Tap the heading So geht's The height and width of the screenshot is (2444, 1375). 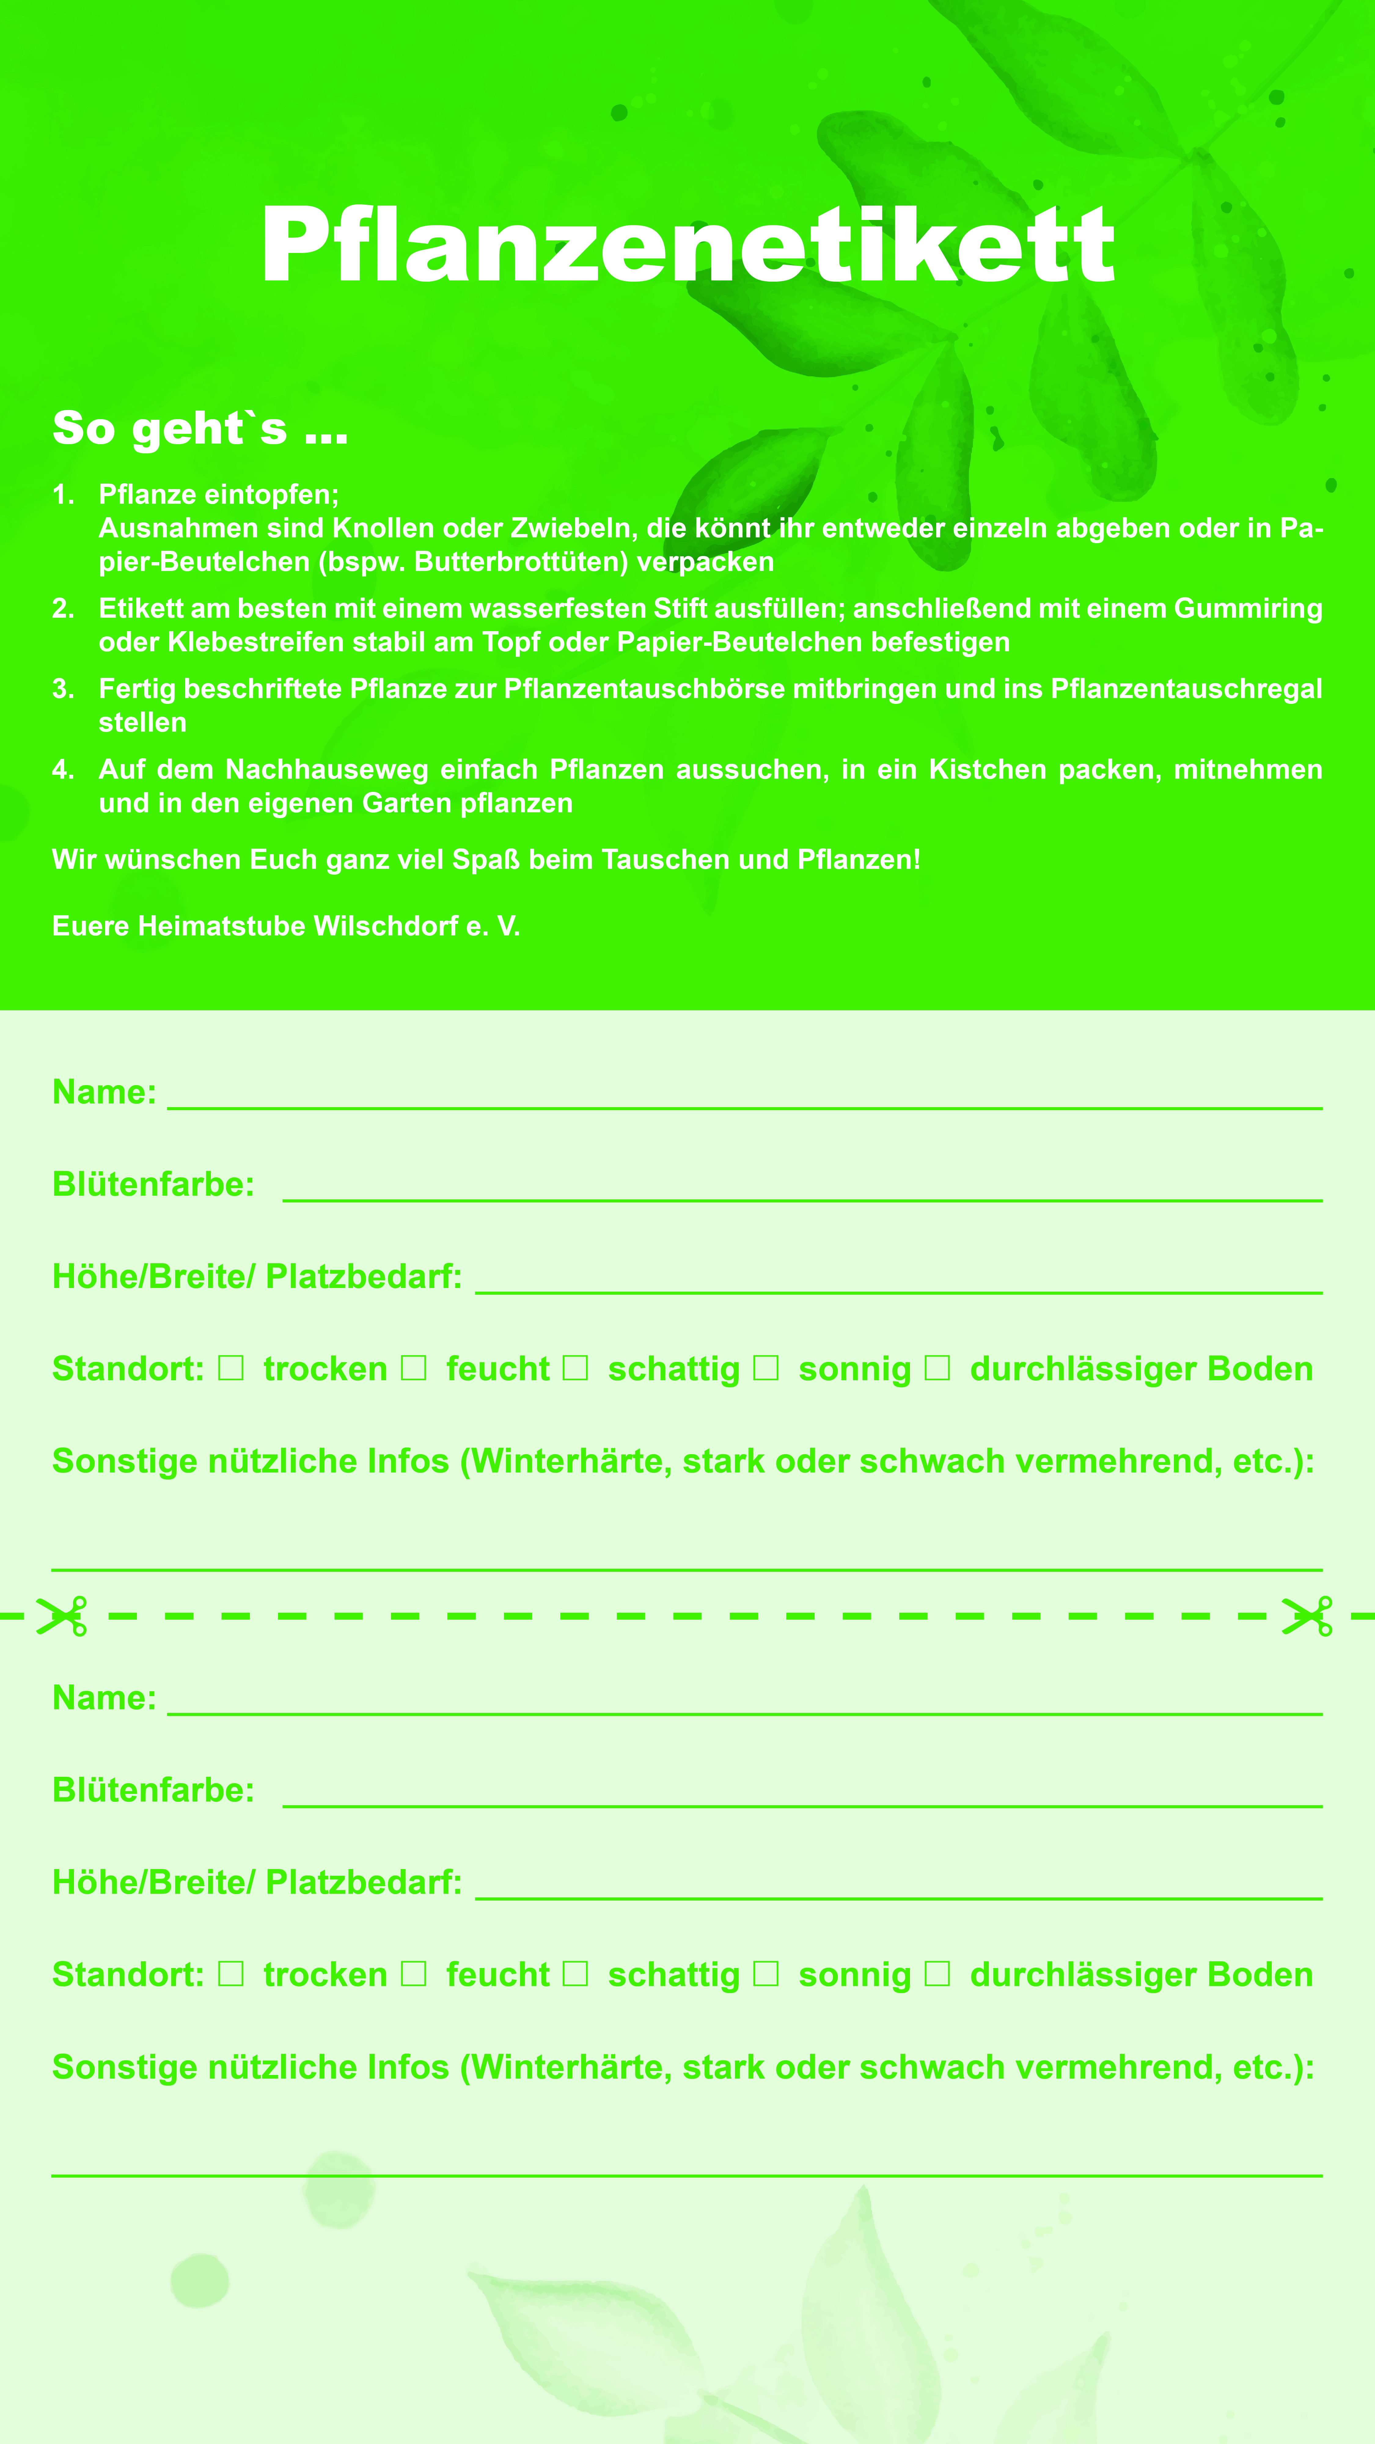coord(199,428)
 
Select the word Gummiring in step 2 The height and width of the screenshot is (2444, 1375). coord(1248,608)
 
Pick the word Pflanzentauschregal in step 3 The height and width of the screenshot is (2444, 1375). coord(1186,689)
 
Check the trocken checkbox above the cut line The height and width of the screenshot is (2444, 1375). coord(231,1368)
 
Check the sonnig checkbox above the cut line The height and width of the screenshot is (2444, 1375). coord(766,1368)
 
